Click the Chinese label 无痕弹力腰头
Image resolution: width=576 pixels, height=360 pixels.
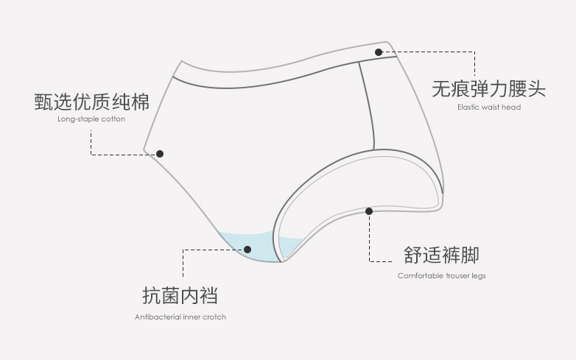point(488,89)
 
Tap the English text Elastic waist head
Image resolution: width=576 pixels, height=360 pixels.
point(488,107)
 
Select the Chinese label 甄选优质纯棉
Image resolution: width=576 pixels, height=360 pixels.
point(91,101)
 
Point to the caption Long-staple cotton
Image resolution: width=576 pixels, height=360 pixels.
point(91,119)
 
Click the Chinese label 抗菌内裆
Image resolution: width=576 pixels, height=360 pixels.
point(180,296)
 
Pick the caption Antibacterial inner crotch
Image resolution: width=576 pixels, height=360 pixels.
point(180,317)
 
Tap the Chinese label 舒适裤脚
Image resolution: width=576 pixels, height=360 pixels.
point(441,255)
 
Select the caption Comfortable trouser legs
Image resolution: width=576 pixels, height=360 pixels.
point(441,276)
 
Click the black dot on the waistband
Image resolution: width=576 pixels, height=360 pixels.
point(379,52)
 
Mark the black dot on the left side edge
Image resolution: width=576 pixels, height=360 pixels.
point(160,154)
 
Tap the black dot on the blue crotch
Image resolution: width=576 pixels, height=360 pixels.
point(247,250)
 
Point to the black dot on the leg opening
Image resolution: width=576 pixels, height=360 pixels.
point(369,211)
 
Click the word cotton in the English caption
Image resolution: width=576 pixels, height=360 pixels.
point(113,119)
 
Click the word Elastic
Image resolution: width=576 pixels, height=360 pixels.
point(468,107)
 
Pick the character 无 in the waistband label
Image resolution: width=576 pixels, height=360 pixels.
point(440,89)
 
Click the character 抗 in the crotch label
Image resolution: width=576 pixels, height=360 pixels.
point(151,296)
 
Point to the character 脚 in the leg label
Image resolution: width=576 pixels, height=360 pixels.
point(470,255)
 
